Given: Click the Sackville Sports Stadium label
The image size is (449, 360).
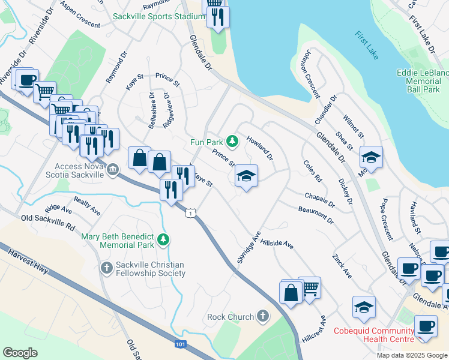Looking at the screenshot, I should click(159, 16).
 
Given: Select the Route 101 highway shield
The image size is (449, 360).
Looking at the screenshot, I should click(181, 344).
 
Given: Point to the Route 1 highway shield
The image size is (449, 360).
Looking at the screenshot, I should click(190, 213).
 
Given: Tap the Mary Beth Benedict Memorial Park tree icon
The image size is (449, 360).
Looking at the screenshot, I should click(163, 241).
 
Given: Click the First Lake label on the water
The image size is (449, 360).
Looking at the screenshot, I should click(366, 45).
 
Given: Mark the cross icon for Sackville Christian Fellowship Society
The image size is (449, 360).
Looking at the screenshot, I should click(106, 267).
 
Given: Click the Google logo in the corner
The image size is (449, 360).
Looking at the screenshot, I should click(20, 352).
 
